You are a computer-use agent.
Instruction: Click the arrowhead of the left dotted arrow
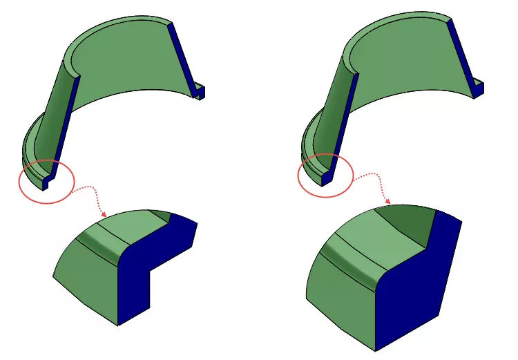click(x=104, y=212)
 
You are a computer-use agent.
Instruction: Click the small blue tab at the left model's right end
click(x=200, y=92)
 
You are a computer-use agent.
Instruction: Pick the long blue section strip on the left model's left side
click(x=65, y=124)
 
